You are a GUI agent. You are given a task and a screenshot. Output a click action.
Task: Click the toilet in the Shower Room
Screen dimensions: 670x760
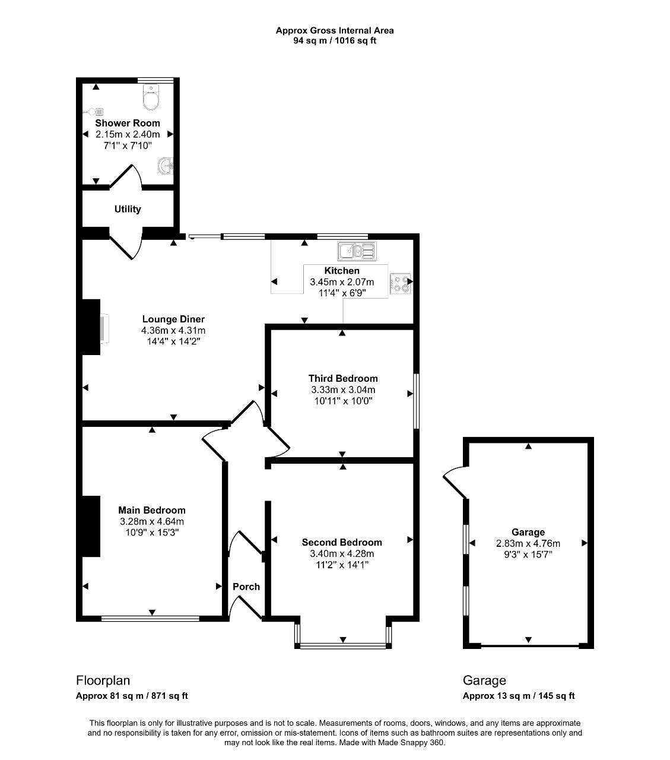[x=151, y=97]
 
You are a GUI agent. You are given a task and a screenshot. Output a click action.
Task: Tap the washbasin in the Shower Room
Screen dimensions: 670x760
[x=166, y=166]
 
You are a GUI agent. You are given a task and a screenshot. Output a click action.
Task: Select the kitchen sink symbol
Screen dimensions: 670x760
[x=357, y=251]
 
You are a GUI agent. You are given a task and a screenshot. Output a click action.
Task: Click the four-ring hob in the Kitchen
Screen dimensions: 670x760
[x=401, y=284]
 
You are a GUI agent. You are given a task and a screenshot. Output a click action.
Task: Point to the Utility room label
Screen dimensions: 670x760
[x=128, y=209]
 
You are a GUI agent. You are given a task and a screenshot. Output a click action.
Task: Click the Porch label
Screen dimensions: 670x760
[x=246, y=587]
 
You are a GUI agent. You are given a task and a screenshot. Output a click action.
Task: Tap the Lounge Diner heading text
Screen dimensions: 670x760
[x=173, y=319]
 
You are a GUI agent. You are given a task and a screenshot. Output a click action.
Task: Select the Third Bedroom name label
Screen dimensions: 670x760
[x=343, y=378]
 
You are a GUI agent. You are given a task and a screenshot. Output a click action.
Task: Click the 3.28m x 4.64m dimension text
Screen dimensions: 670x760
[x=152, y=521]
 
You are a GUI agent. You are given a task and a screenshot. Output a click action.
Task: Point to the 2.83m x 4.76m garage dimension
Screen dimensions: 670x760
[x=528, y=543]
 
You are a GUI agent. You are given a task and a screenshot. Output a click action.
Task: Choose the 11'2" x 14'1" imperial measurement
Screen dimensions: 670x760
[x=342, y=565]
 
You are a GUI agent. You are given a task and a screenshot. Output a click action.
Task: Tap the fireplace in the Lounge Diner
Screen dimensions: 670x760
[x=104, y=328]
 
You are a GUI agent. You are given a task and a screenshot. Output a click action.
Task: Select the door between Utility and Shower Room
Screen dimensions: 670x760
[x=126, y=176]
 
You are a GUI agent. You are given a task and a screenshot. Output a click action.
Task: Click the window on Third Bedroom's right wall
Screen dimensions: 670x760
[x=416, y=401]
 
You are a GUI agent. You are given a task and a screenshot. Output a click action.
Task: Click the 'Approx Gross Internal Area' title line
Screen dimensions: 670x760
[x=335, y=30]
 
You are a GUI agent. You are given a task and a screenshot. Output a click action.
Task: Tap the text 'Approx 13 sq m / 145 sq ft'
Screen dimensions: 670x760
[x=519, y=696]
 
